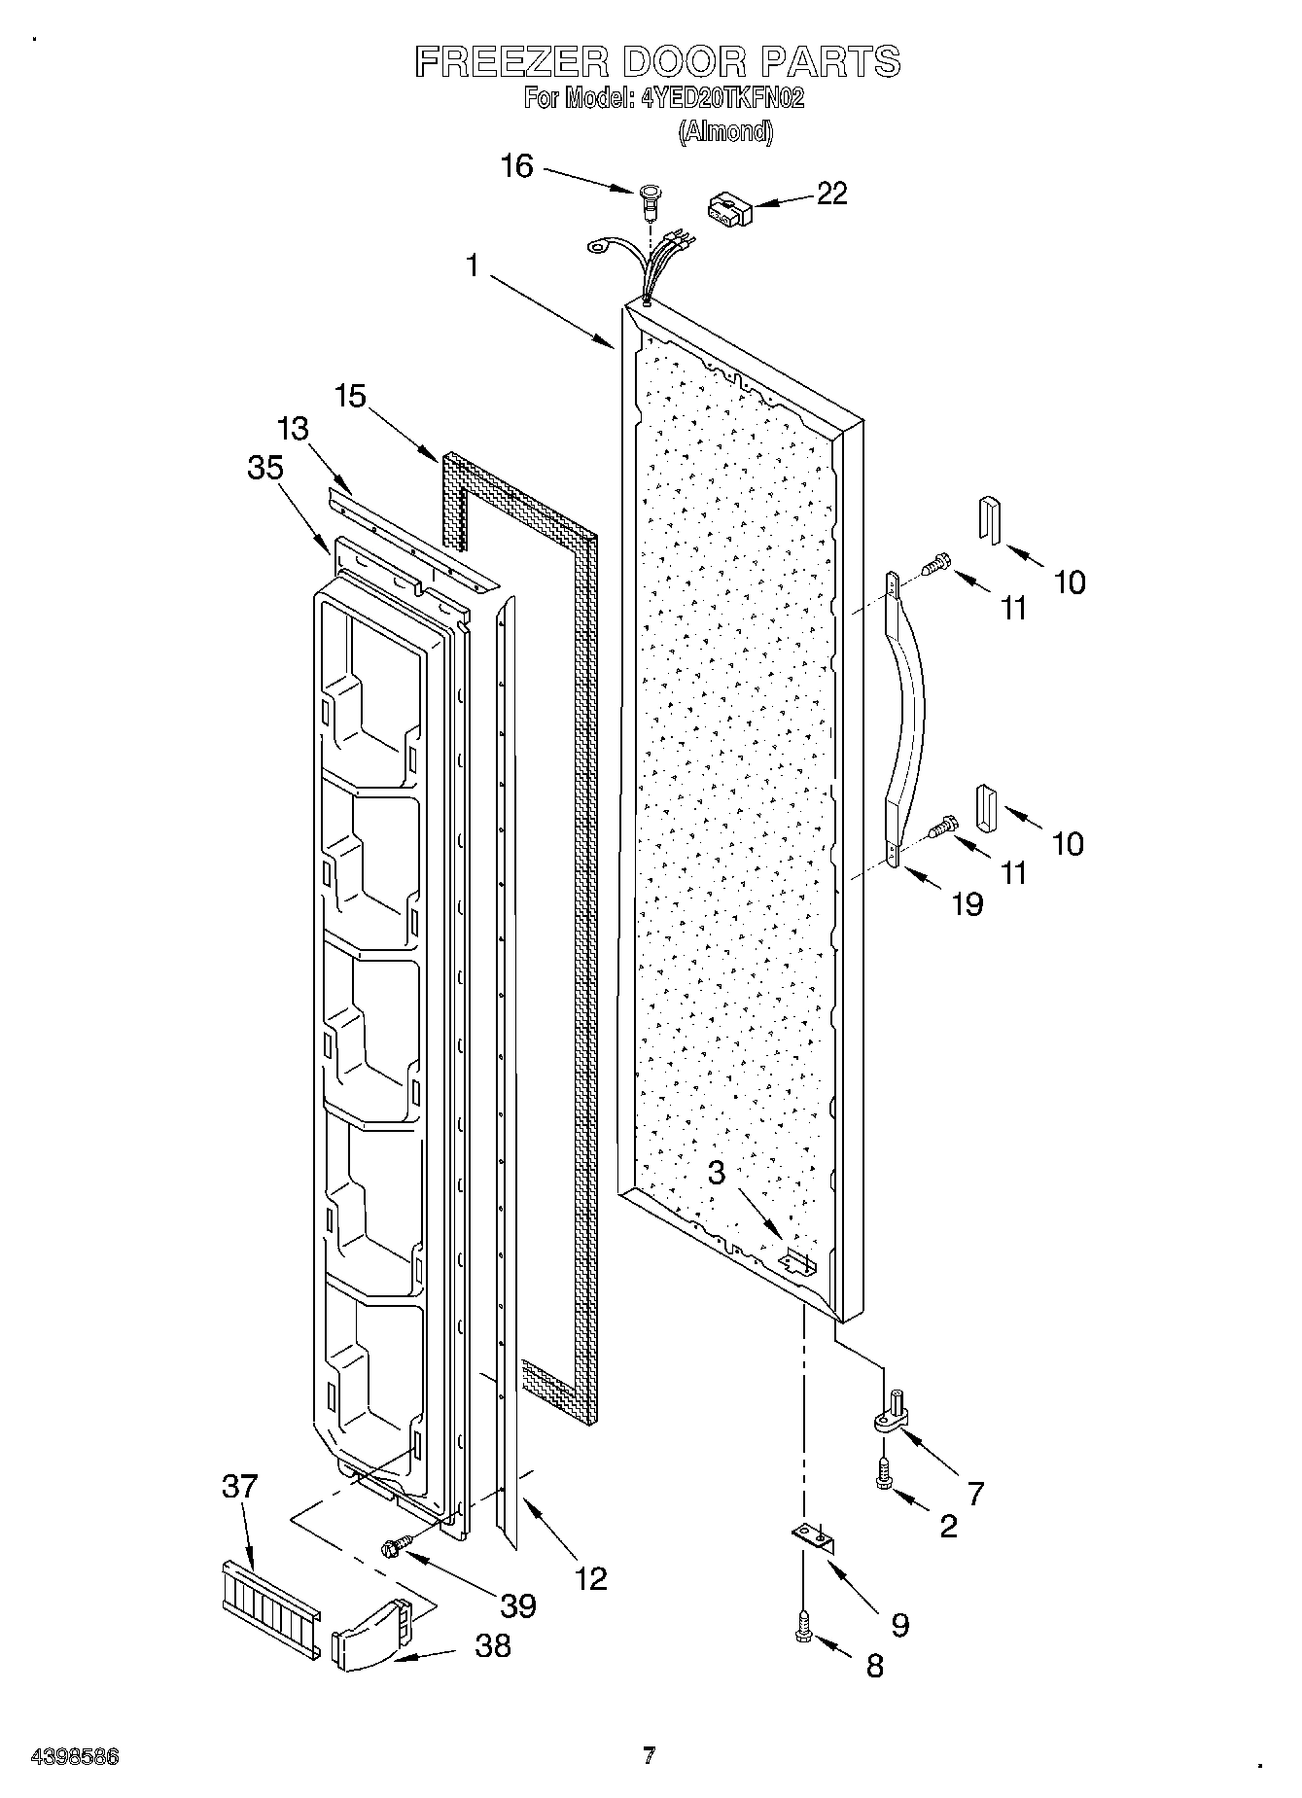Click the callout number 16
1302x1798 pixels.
517,166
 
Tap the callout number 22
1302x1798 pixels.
831,194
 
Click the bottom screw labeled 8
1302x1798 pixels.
803,1624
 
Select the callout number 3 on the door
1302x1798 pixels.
717,1173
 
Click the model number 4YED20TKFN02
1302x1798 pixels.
722,98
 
